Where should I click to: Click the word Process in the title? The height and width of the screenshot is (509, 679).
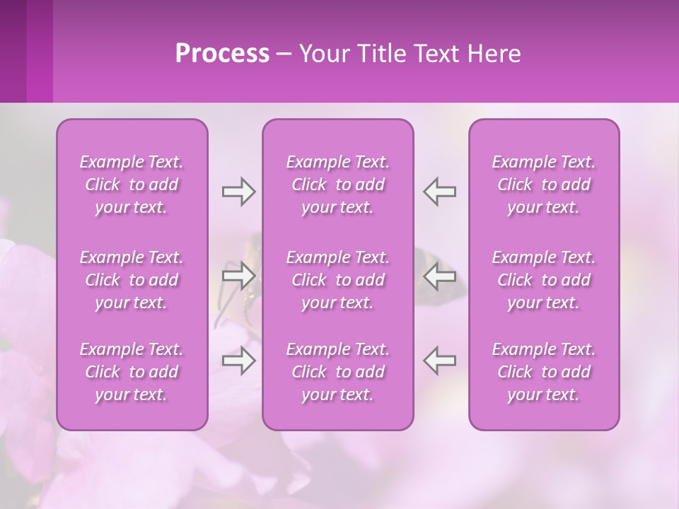[x=222, y=54]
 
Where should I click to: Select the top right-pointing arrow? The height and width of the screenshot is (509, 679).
[x=238, y=192]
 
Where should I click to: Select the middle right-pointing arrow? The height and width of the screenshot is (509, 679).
[x=238, y=276]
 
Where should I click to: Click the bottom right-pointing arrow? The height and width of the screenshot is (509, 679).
[x=238, y=361]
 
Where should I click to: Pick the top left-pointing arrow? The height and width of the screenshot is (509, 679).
[x=440, y=192]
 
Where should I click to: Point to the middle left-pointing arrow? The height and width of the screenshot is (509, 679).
[x=440, y=276]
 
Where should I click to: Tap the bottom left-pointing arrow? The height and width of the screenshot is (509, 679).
[x=440, y=361]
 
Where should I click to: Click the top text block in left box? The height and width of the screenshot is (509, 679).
[x=132, y=185]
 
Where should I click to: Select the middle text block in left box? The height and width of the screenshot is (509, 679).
[x=132, y=280]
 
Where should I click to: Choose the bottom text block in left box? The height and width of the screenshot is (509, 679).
[x=132, y=372]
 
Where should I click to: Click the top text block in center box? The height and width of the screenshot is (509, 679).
[x=338, y=185]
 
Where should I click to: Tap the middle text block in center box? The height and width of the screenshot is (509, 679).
[x=338, y=280]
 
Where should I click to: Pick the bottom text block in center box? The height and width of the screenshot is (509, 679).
[x=338, y=372]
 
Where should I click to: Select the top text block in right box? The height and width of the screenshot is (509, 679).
[x=544, y=185]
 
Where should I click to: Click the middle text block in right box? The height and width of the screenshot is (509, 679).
[x=544, y=280]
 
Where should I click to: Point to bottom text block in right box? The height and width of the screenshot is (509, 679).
[x=544, y=372]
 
